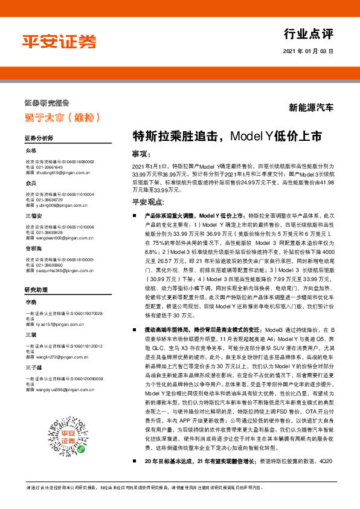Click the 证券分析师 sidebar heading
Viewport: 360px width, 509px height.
pos(39,138)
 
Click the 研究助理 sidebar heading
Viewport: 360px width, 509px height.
pos(36,290)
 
